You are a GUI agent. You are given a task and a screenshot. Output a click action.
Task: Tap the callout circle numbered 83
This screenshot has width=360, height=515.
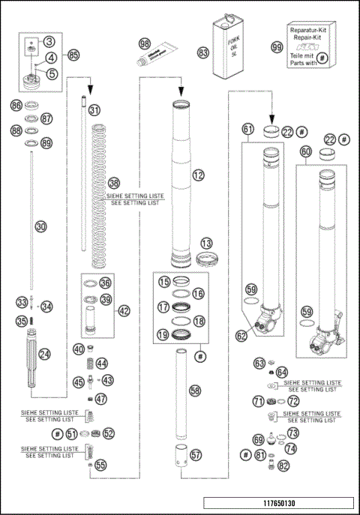click(203, 53)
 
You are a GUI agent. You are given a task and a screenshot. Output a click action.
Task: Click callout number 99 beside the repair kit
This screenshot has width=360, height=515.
click(277, 47)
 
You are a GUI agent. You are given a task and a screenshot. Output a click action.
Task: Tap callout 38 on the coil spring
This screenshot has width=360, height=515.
click(113, 182)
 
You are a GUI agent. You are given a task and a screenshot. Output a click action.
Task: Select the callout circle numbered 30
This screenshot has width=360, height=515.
click(41, 225)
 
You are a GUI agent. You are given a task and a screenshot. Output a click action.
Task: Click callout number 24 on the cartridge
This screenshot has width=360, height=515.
click(45, 354)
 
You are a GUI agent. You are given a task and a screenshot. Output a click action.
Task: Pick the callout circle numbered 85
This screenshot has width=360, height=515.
click(73, 55)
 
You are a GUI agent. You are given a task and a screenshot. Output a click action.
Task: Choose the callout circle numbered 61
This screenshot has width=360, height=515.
click(248, 130)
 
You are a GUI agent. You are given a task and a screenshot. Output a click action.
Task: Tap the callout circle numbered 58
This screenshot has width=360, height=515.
click(195, 391)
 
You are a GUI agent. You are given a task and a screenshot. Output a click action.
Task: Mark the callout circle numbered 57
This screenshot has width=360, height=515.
click(195, 454)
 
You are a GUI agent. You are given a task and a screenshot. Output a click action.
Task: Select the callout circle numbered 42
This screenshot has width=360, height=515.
click(124, 310)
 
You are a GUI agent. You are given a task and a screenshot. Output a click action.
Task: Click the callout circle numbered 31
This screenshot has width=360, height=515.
click(94, 110)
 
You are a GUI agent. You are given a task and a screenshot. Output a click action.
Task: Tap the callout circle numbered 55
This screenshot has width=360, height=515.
click(100, 465)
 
